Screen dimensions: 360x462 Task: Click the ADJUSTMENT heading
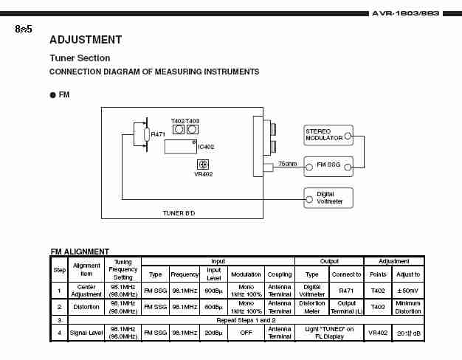tap(85, 40)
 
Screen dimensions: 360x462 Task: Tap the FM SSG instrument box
tap(328, 165)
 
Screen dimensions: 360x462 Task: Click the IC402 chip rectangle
tap(180, 146)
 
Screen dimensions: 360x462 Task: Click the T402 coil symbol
tap(178, 129)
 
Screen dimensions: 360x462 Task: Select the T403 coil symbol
tap(192, 129)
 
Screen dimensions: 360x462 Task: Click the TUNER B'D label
tap(179, 213)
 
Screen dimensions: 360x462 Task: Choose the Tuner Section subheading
tap(80, 58)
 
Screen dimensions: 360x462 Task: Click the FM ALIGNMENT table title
tap(80, 252)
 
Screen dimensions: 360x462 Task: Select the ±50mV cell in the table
tap(407, 290)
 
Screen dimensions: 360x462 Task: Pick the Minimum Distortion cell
tap(407, 306)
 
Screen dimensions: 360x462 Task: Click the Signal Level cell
tap(87, 333)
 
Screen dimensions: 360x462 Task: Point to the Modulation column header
tap(246, 274)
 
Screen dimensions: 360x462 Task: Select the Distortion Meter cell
tap(312, 306)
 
